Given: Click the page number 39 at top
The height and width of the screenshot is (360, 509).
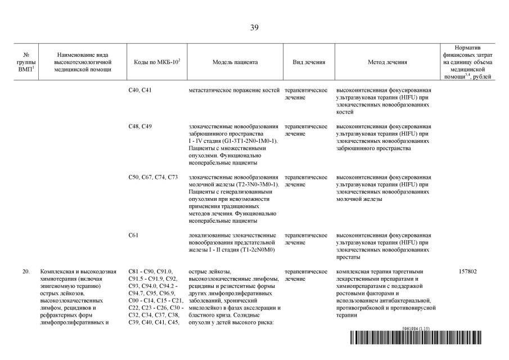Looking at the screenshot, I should tap(254, 28).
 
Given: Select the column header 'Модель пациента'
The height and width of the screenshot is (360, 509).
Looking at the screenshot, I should tap(235, 62).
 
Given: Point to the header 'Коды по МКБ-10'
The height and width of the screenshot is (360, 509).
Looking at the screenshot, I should tap(153, 62).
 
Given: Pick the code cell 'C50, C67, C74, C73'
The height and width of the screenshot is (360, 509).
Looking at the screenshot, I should tap(153, 177).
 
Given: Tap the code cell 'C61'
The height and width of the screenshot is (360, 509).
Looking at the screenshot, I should tap(133, 235).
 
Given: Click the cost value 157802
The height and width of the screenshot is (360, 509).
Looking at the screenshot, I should tap(468, 272).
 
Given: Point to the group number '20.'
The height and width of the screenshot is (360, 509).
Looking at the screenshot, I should tap(26, 272).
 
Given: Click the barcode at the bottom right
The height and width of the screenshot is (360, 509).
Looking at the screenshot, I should tap(429, 338).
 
